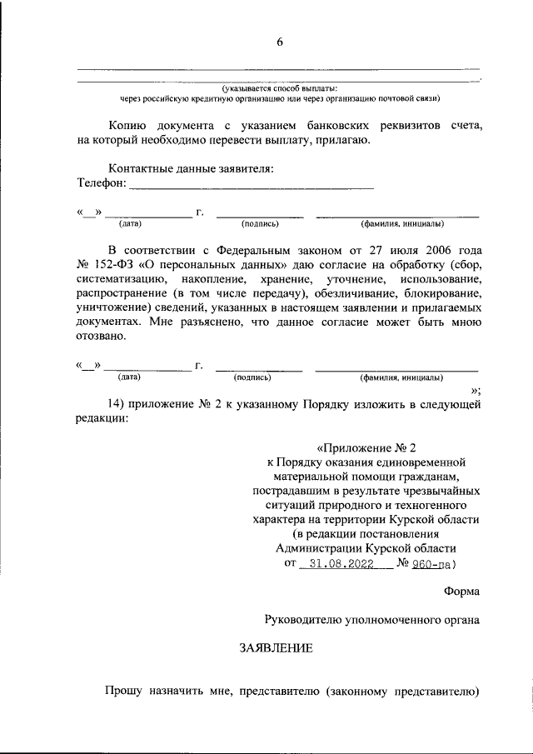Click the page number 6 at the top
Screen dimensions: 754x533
tap(280, 42)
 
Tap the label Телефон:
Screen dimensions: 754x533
tap(102, 182)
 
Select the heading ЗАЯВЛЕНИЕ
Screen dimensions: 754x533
tap(276, 648)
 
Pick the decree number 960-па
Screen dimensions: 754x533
tap(432, 563)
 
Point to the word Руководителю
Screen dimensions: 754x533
tap(303, 619)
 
